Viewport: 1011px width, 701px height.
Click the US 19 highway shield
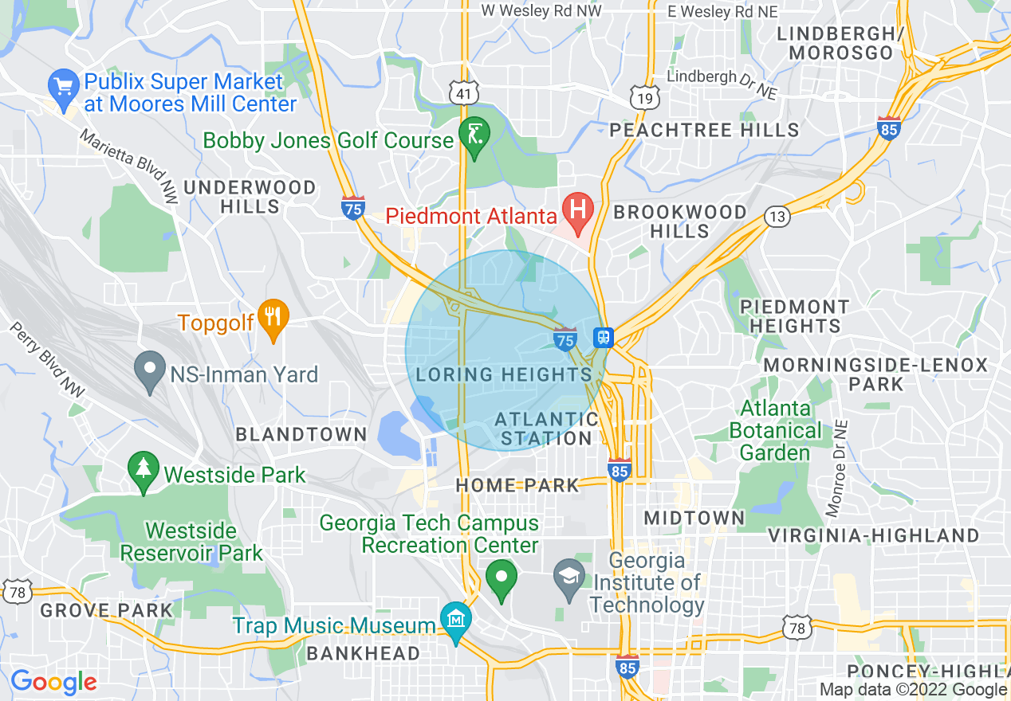click(x=643, y=98)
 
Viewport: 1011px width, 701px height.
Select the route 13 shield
click(x=777, y=216)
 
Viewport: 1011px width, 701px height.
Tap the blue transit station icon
click(x=604, y=338)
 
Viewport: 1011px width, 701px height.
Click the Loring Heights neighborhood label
click(x=503, y=374)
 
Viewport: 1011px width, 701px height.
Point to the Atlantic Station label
click(x=546, y=429)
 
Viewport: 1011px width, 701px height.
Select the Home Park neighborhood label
click(x=517, y=485)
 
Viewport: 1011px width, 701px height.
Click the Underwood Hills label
click(x=249, y=197)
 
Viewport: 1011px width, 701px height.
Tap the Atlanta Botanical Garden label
click(x=775, y=430)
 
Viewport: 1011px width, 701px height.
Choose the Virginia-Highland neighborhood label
click(x=873, y=535)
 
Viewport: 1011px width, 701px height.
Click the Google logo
click(x=53, y=683)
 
